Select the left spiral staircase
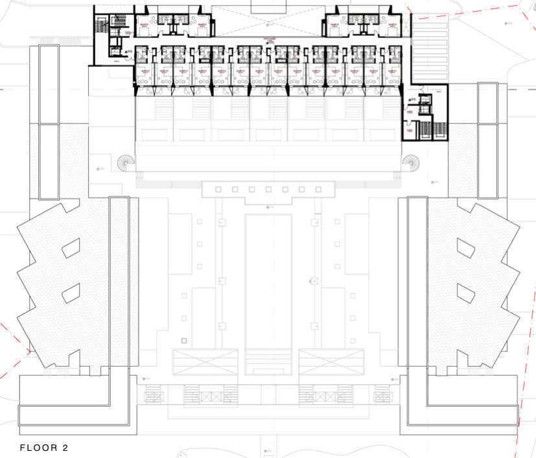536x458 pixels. tap(125, 162)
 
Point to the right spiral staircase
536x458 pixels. tap(410, 161)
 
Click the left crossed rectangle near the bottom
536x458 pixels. tap(205, 361)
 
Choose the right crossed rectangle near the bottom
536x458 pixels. tap(331, 361)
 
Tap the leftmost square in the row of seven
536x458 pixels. tap(218, 189)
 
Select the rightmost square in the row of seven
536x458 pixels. tap(319, 189)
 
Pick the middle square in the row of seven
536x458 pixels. tap(268, 189)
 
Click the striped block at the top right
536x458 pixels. tap(429, 49)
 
